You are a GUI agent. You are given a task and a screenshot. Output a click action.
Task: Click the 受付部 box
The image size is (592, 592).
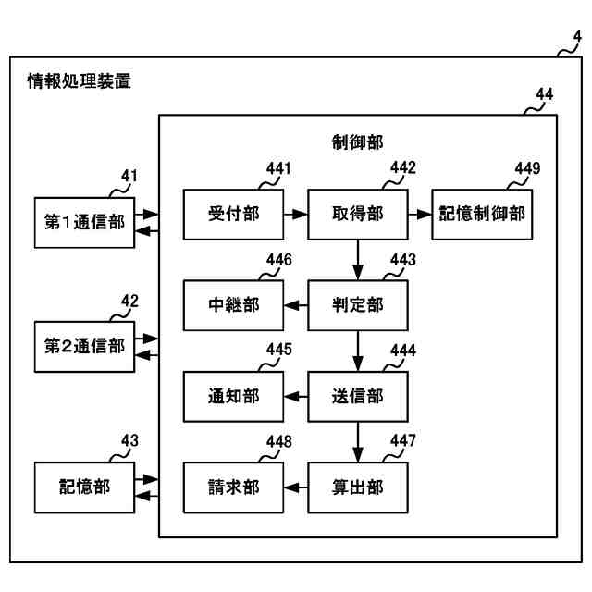click(233, 214)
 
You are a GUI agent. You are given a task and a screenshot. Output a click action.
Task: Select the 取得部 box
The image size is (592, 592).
click(358, 214)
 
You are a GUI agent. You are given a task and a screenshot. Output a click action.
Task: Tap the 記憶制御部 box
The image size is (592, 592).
click(482, 214)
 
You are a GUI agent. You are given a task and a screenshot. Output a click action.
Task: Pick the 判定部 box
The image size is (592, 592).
click(358, 305)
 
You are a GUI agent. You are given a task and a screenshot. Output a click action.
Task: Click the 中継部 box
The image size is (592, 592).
click(233, 305)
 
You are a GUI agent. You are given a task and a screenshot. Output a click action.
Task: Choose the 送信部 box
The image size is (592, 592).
click(358, 397)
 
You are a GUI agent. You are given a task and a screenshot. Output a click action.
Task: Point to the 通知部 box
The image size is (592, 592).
click(233, 397)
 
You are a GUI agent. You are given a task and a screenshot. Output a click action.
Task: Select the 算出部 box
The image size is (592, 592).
click(358, 487)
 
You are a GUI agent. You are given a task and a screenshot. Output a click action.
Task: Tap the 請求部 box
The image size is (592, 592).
click(233, 487)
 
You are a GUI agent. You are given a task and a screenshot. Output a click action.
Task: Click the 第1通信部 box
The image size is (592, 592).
click(84, 222)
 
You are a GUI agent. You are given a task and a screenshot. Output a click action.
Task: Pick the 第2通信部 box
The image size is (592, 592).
click(84, 347)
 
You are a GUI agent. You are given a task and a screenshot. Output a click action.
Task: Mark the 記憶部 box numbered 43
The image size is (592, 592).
click(84, 487)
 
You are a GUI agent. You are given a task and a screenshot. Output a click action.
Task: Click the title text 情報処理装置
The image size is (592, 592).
click(79, 81)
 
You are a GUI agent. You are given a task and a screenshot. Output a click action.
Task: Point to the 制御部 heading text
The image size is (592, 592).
click(357, 142)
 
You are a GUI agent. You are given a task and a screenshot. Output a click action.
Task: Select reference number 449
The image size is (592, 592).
click(527, 168)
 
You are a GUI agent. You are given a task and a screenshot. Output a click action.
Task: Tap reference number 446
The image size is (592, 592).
click(279, 260)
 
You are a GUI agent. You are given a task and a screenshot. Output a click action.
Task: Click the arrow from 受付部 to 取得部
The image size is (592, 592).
click(296, 215)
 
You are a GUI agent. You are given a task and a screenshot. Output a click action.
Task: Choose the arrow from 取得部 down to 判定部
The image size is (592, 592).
click(358, 260)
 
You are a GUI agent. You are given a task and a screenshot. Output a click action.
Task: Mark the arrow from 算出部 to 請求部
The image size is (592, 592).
click(296, 487)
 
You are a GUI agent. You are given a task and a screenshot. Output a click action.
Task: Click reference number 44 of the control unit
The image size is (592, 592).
click(545, 94)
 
